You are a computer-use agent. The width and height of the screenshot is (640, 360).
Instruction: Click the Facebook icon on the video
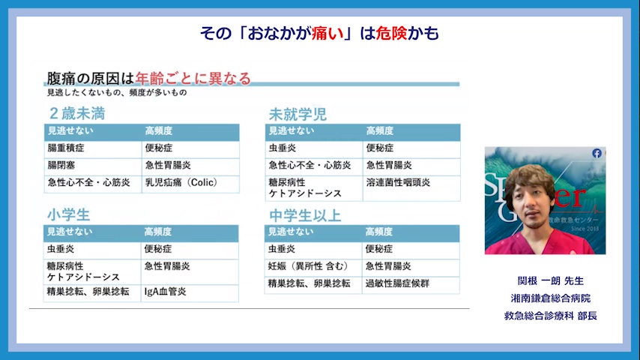point(597,153)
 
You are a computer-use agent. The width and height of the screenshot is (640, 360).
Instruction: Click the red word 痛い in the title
point(327,33)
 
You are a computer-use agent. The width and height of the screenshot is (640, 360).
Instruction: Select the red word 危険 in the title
point(391,33)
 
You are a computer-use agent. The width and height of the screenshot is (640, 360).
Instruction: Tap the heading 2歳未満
point(77,113)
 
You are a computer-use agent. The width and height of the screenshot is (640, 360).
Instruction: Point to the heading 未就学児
point(298,115)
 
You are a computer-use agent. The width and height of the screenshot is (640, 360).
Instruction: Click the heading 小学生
point(68,215)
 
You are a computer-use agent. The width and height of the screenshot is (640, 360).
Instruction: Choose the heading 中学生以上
point(305,215)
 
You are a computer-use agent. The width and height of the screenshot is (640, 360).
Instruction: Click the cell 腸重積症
point(66,148)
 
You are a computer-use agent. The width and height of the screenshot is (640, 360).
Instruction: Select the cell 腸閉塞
point(61,165)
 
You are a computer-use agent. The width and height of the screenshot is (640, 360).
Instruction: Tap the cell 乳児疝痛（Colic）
point(181,182)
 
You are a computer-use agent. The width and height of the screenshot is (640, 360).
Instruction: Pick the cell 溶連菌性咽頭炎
point(398,182)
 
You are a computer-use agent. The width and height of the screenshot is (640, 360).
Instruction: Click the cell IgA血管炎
point(166,291)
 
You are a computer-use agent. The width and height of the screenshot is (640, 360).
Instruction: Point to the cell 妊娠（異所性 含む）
point(308,266)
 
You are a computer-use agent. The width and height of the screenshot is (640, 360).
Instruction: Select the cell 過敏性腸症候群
point(397,283)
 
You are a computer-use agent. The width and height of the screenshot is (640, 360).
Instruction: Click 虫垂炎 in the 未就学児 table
point(282,148)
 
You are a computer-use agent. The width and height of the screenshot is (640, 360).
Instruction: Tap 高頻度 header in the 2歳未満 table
point(159,130)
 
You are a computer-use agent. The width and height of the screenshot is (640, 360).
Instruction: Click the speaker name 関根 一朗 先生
point(551,280)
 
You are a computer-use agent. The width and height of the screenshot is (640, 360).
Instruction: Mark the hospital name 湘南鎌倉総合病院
point(551,298)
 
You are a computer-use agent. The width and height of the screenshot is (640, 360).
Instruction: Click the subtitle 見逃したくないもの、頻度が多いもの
point(117,93)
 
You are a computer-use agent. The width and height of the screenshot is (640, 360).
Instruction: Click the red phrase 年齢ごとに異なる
point(193,78)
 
